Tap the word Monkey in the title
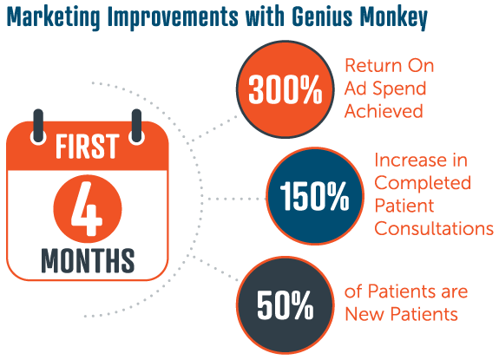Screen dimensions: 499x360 pyautogui.click(x=394, y=17)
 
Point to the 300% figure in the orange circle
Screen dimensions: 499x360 pyautogui.click(x=286, y=89)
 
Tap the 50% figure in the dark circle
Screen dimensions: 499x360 pyautogui.click(x=286, y=305)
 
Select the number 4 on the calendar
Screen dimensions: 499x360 pyautogui.click(x=87, y=208)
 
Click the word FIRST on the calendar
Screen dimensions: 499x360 pyautogui.click(x=87, y=147)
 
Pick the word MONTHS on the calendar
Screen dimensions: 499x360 pyautogui.click(x=88, y=260)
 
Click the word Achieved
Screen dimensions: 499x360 pyautogui.click(x=384, y=111)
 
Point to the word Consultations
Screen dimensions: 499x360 pyautogui.click(x=434, y=228)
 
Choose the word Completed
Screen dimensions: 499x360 pyautogui.click(x=423, y=182)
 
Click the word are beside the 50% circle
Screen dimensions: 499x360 pyautogui.click(x=455, y=291)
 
